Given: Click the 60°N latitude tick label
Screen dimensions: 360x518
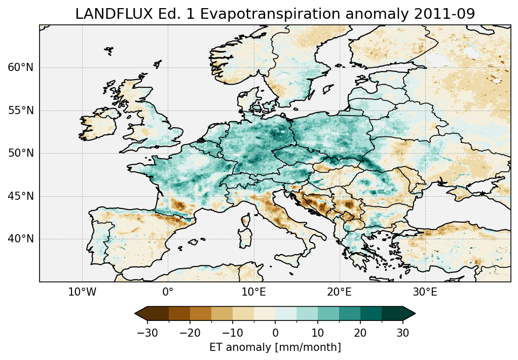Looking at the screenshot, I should pyautogui.click(x=21, y=67).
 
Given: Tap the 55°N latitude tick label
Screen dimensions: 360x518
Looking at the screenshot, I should pyautogui.click(x=21, y=111).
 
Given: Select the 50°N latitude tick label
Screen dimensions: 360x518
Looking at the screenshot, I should pyautogui.click(x=21, y=153).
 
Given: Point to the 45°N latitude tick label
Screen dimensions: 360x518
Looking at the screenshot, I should pyautogui.click(x=21, y=196).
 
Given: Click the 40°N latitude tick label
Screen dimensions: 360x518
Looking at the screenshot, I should pyautogui.click(x=21, y=239).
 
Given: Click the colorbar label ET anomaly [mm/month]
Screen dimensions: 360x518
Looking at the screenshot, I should pyautogui.click(x=275, y=347).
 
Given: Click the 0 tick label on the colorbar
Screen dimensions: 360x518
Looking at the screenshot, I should pyautogui.click(x=275, y=333).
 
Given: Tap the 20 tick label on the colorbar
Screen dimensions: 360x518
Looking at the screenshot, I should pyautogui.click(x=360, y=333).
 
